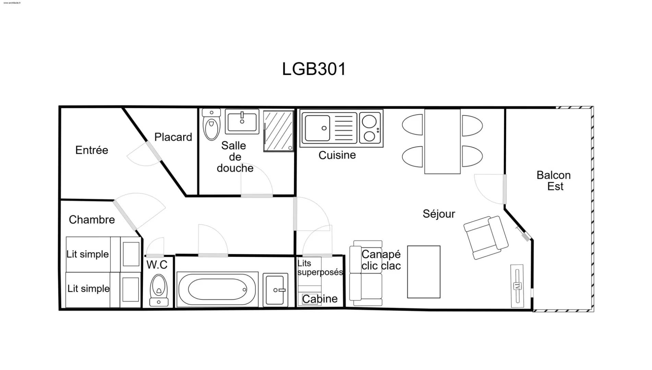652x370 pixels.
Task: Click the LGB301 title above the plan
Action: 314,69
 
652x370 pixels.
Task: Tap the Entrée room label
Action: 92,150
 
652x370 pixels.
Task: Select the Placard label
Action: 173,137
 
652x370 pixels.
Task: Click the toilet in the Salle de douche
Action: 211,124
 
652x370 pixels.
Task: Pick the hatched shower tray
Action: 279,131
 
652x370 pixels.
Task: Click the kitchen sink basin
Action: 317,128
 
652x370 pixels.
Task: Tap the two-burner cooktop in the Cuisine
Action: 370,128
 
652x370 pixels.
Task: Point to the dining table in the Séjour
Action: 442,141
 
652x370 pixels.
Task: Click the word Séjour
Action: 439,214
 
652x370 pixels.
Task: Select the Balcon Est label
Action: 554,181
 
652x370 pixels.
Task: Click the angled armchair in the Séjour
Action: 486,237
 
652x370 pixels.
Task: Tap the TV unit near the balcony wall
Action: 517,286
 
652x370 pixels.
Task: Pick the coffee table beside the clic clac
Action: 424,272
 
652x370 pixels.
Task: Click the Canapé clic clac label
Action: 381,260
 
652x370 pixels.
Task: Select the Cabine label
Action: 320,299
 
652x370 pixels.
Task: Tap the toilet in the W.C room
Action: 159,290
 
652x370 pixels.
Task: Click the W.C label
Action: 157,265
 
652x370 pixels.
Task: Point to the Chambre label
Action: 92,220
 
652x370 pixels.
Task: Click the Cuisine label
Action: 337,155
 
